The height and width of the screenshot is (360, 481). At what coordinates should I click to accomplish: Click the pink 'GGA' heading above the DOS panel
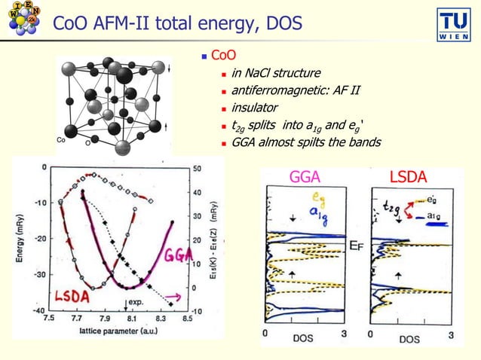click(x=305, y=178)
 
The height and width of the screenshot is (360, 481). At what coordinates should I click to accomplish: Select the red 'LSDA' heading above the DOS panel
click(x=407, y=178)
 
